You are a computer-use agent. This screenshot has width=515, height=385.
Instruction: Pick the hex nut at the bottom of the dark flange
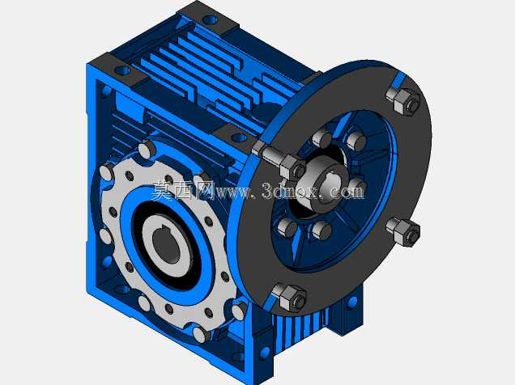290,298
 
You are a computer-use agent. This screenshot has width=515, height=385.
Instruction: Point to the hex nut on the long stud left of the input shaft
293,168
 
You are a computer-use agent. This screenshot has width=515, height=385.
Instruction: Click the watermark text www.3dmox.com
291,191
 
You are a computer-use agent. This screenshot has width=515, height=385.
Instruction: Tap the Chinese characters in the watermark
183,191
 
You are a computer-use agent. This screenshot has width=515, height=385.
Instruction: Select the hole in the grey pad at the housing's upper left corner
122,70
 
